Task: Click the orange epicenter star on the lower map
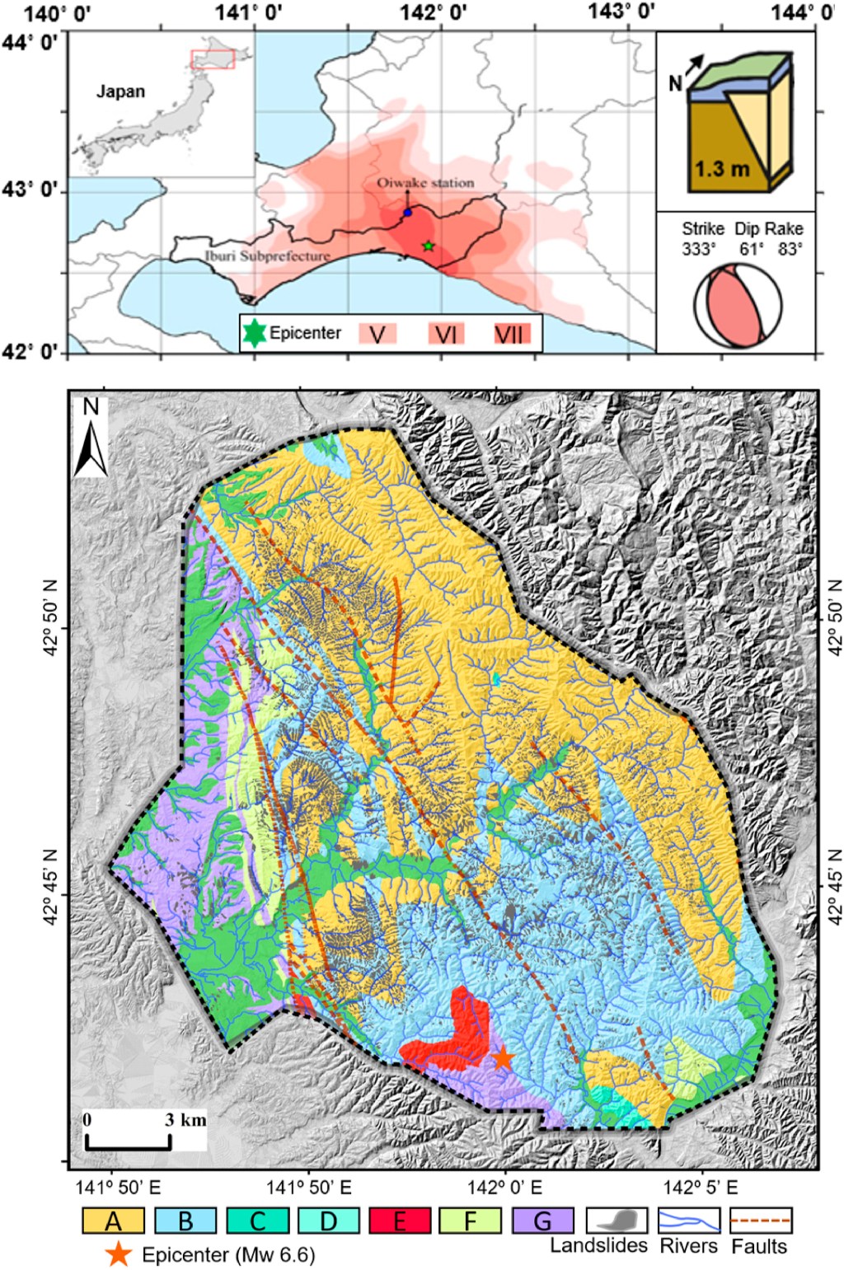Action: pyautogui.click(x=503, y=1057)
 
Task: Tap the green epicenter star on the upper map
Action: pyautogui.click(x=428, y=246)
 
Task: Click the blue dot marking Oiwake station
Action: pyautogui.click(x=407, y=213)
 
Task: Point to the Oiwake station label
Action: pyautogui.click(x=425, y=183)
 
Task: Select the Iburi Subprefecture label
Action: pyautogui.click(x=267, y=256)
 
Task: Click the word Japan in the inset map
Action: pyautogui.click(x=120, y=91)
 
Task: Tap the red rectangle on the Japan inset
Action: pyautogui.click(x=213, y=59)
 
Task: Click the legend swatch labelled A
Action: pyautogui.click(x=113, y=1221)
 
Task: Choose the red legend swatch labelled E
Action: pyautogui.click(x=400, y=1221)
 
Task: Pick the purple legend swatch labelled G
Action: pyautogui.click(x=542, y=1221)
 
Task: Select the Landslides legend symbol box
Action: pyautogui.click(x=616, y=1220)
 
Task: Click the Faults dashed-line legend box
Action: pyautogui.click(x=761, y=1220)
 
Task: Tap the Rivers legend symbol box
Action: pyautogui.click(x=688, y=1220)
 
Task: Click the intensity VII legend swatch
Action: pyautogui.click(x=512, y=334)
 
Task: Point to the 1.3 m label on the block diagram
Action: pyautogui.click(x=721, y=169)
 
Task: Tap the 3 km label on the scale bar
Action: pyautogui.click(x=185, y=1120)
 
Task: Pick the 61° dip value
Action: pyautogui.click(x=750, y=248)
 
